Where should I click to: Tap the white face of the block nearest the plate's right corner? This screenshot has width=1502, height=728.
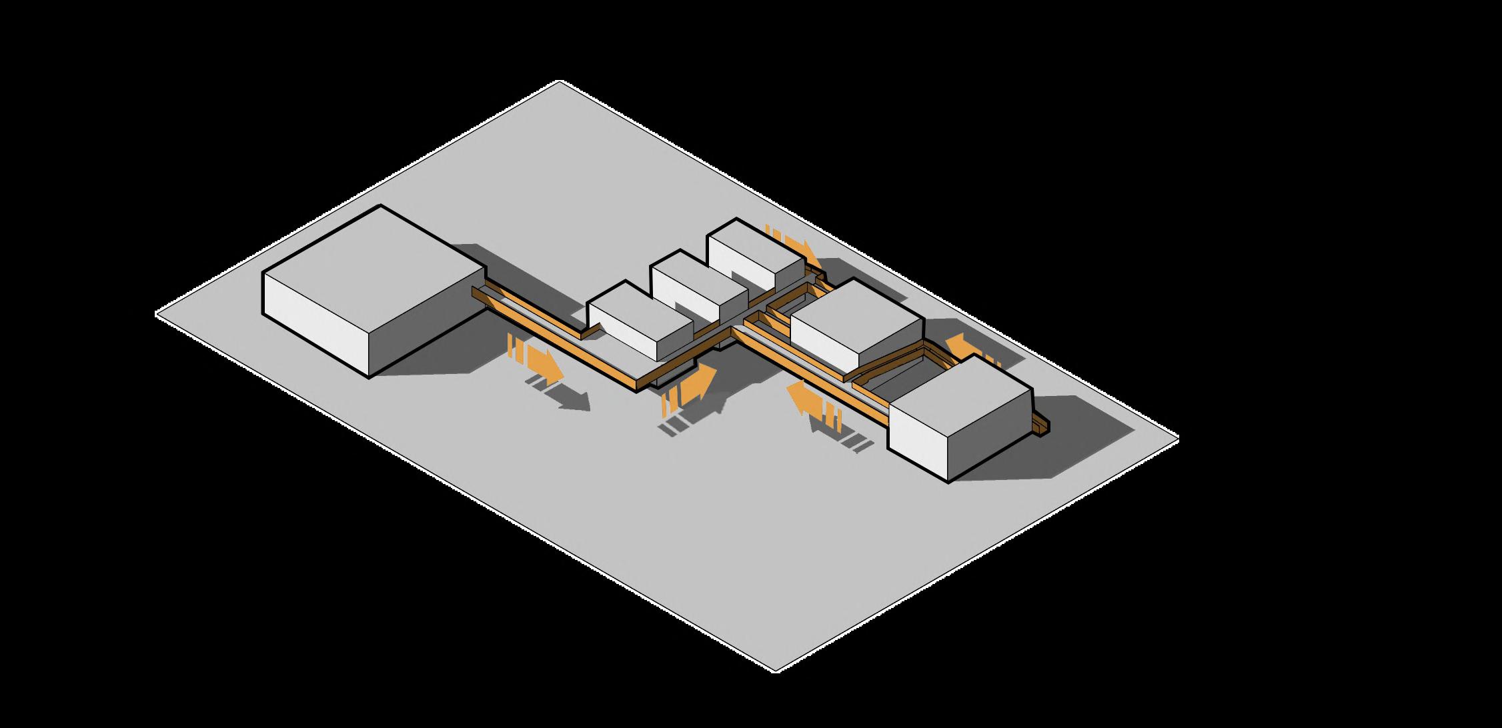(x=918, y=440)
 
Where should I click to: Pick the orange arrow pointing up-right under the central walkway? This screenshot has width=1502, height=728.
(x=697, y=383)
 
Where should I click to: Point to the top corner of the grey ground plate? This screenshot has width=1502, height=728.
(x=560, y=81)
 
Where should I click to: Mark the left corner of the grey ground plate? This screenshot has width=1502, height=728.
(x=157, y=313)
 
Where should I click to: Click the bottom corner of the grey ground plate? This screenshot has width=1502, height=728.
(x=776, y=670)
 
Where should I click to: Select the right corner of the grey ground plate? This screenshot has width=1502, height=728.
(x=1177, y=438)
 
